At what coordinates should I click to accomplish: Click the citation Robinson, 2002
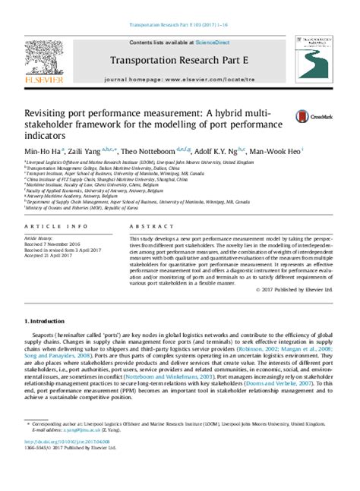(294, 354)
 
